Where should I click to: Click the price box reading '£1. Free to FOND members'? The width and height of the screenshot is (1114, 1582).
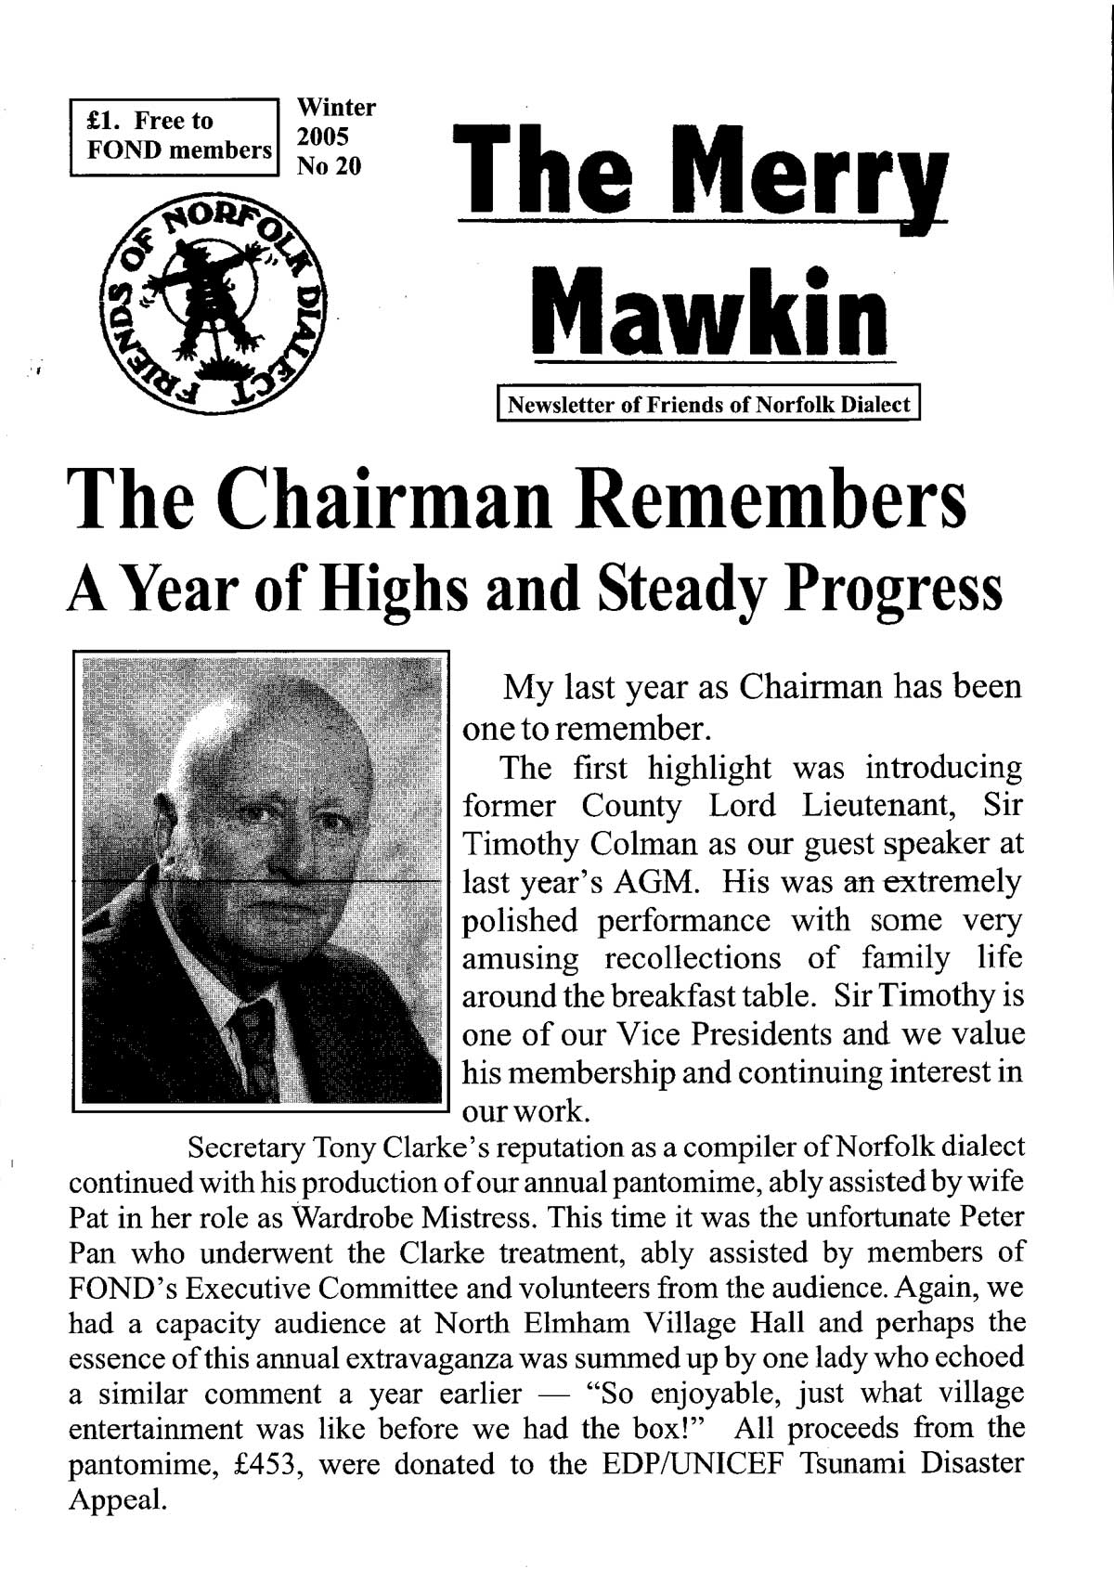(175, 136)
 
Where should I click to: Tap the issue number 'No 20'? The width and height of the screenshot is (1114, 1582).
(329, 166)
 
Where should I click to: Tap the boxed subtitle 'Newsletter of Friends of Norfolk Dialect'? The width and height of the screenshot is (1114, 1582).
(709, 406)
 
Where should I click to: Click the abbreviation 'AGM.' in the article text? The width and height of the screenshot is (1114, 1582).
(657, 882)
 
